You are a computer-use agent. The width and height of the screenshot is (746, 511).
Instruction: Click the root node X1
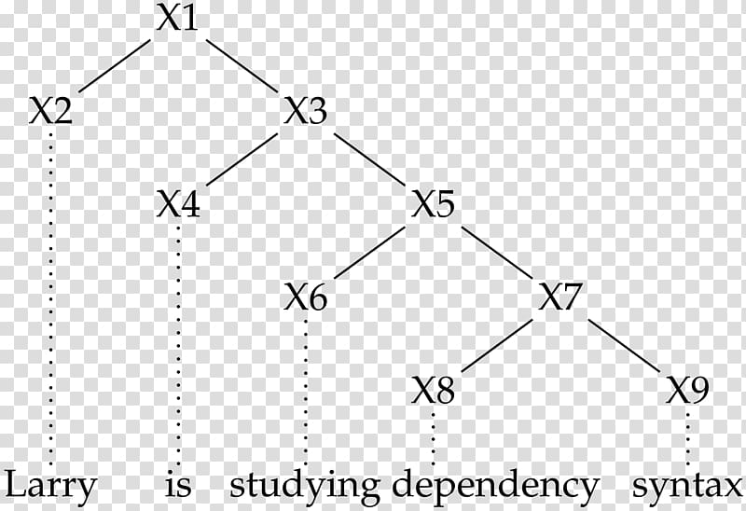pos(177,19)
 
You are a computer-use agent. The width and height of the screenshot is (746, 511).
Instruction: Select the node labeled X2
pos(50,111)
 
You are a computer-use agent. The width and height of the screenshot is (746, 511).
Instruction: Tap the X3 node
pos(305,111)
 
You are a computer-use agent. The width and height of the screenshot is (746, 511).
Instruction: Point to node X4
pos(178,204)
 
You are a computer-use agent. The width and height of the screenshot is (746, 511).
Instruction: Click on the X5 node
pos(433,204)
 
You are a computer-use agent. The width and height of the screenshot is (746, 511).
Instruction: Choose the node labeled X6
pos(306,297)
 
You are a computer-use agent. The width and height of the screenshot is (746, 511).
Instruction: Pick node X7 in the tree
pos(559,297)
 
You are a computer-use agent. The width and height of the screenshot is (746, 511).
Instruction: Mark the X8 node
pos(433,390)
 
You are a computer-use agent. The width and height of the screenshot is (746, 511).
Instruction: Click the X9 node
pos(687,390)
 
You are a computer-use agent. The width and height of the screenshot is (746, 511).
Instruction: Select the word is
pos(178,484)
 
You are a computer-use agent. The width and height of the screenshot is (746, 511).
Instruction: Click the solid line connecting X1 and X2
pos(114,65)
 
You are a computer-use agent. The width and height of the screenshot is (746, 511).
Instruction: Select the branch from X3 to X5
pos(369,159)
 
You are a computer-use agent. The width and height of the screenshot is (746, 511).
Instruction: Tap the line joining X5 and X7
pos(497,252)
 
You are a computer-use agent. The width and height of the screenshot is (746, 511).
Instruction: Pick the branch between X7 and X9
pos(624,345)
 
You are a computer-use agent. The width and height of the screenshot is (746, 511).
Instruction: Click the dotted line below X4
pos(178,345)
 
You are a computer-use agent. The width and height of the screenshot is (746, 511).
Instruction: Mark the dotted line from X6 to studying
pos(306,391)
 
